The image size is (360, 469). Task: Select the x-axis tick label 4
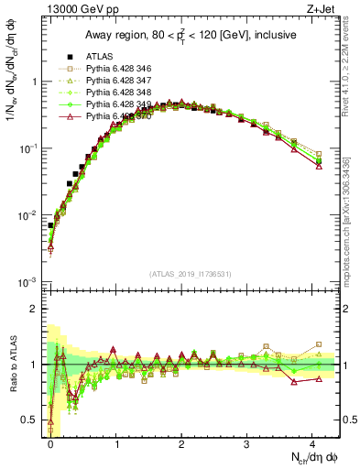click(x=311, y=443)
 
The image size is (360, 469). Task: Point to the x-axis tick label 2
click(x=181, y=443)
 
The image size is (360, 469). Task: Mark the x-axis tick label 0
click(x=50, y=443)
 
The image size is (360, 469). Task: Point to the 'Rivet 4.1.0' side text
click(x=349, y=69)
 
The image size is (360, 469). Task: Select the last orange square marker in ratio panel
click(x=319, y=344)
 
